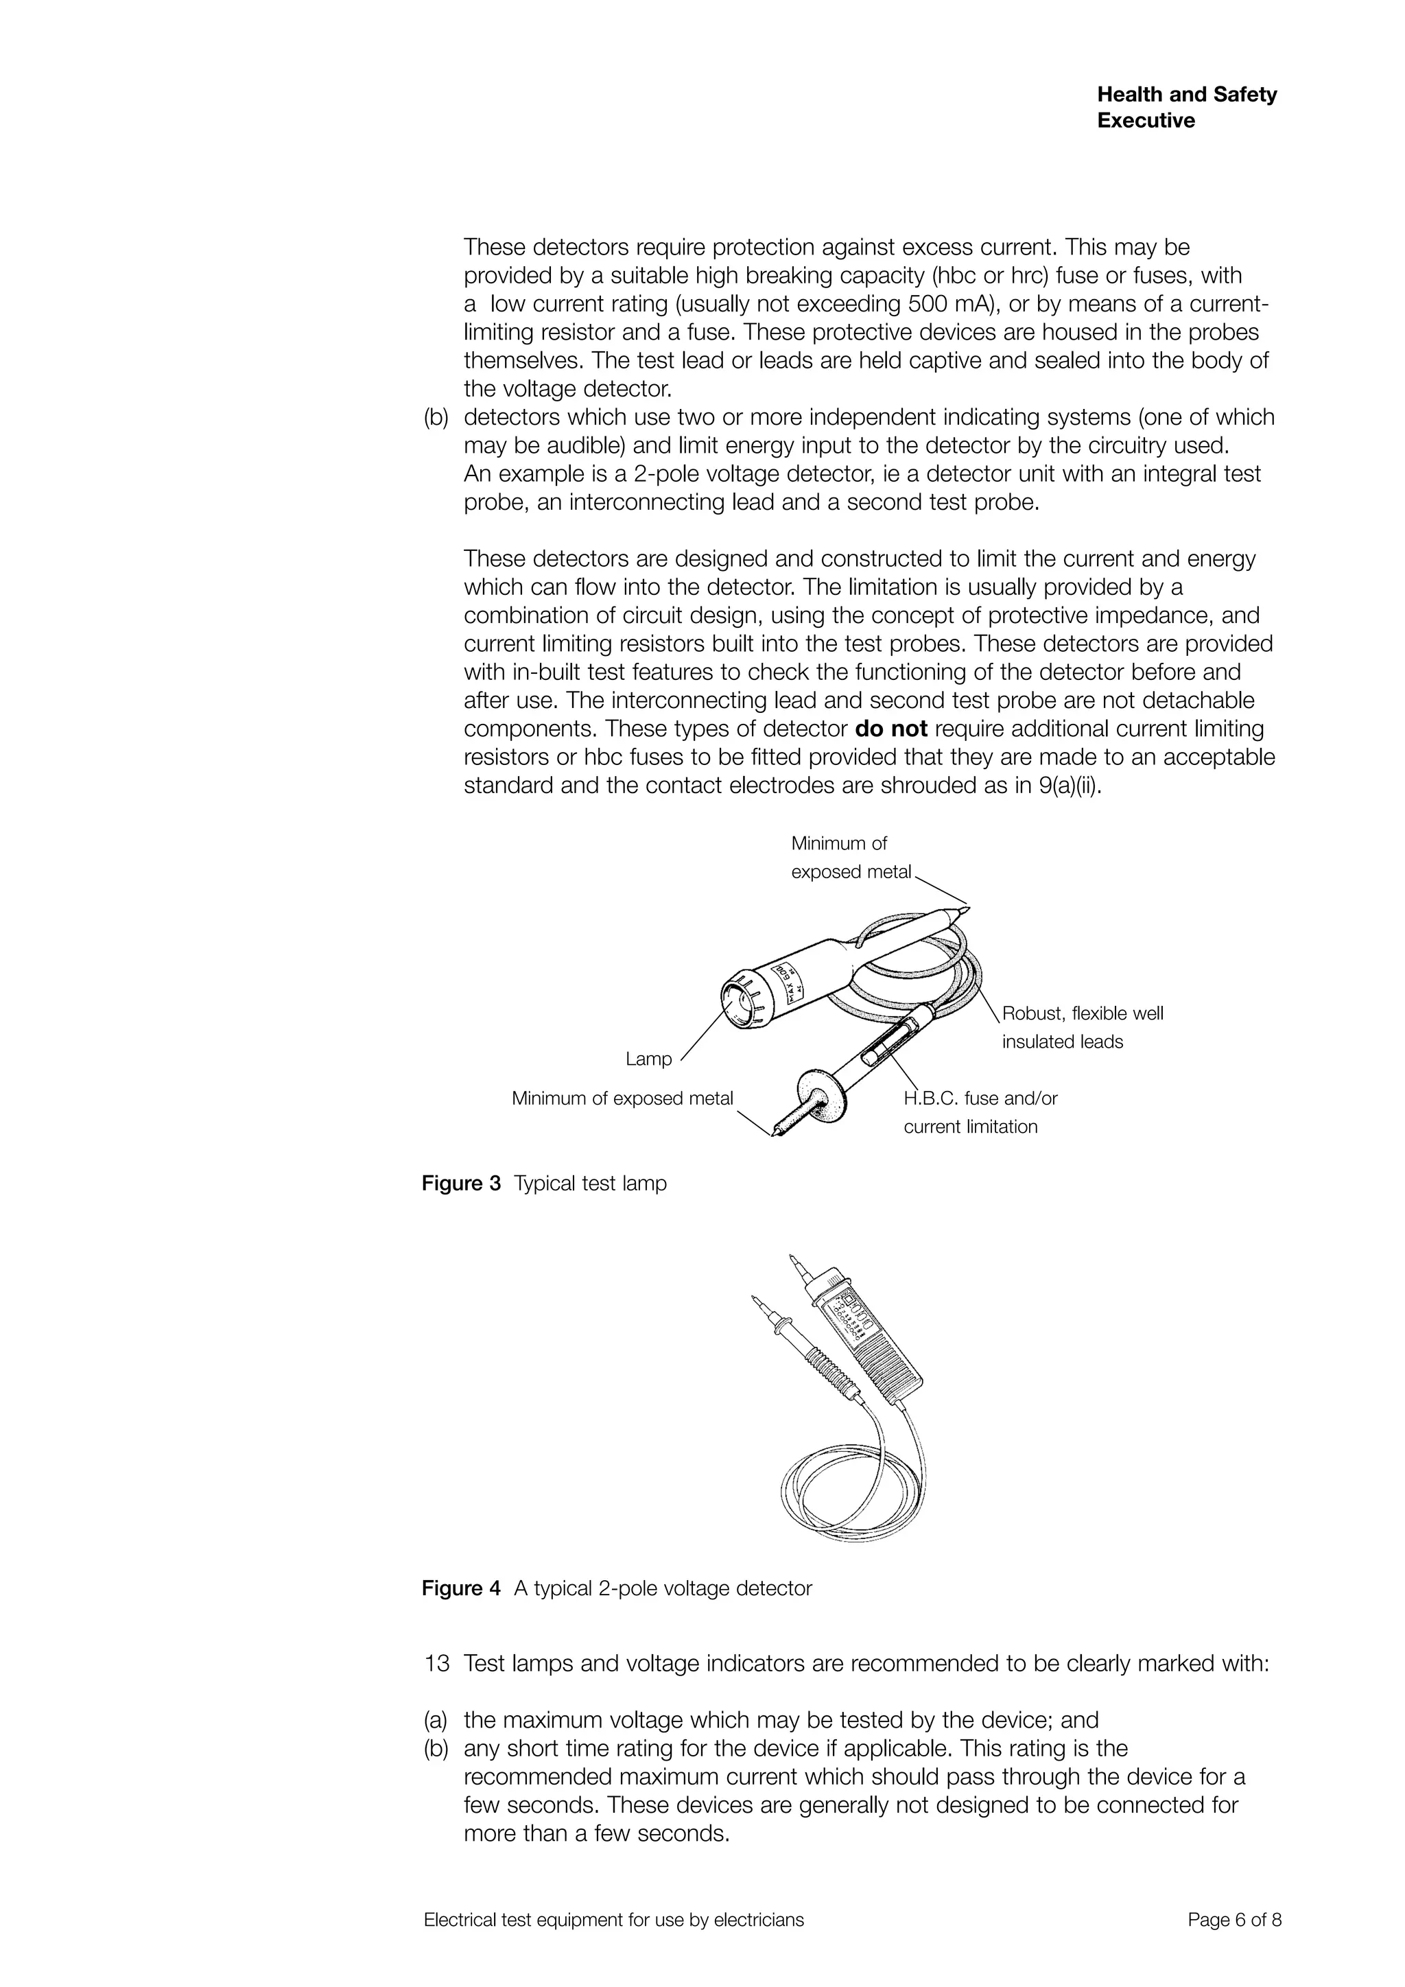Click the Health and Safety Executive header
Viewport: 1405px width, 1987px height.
(1186, 107)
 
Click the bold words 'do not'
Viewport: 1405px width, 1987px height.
(890, 729)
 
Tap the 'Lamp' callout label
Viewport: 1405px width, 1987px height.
(648, 1059)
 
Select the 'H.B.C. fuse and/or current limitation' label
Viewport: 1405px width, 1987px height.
(980, 1112)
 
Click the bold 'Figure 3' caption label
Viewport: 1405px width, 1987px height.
(460, 1183)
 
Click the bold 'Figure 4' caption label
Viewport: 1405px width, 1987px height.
(460, 1588)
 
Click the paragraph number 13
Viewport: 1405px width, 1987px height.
(437, 1663)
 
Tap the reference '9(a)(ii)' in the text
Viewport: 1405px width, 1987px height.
(1070, 786)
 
